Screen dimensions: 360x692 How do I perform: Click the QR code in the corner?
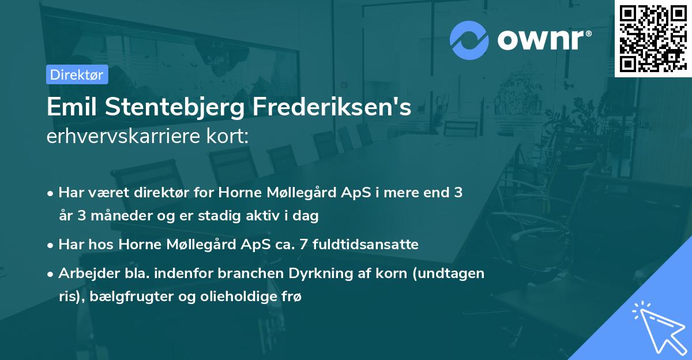click(652, 38)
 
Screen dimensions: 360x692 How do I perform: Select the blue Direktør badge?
click(77, 74)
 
